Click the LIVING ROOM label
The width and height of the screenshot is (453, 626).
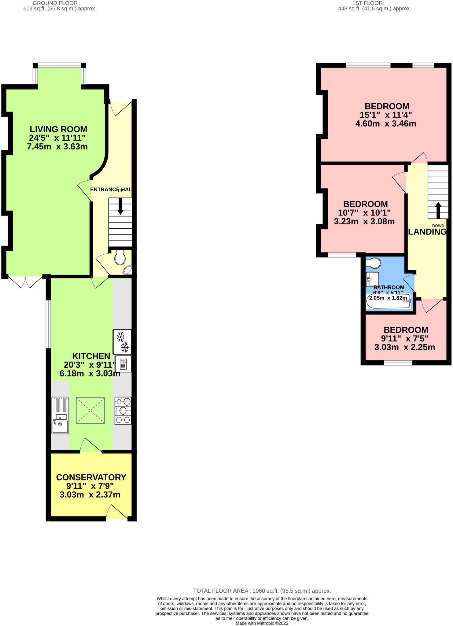pos(58,129)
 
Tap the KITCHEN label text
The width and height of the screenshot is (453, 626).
pos(91,356)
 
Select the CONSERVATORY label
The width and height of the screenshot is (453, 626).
pos(91,477)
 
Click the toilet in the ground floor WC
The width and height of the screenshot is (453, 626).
pos(120,258)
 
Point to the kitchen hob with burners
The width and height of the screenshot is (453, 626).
pos(123,411)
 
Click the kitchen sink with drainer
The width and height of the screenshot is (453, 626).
pos(60,415)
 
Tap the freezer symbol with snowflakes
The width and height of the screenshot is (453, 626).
pos(122,342)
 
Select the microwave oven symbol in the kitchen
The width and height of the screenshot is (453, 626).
pos(123,364)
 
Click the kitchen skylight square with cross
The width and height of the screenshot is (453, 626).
pos(90,411)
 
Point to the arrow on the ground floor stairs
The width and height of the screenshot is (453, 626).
pos(120,206)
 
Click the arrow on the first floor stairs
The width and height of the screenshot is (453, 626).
pos(438,210)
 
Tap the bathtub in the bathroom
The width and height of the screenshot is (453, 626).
pos(388,301)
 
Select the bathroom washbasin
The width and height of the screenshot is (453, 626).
pos(372,279)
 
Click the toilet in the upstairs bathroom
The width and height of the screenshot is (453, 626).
pos(373,263)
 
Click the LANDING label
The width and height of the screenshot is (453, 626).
pos(427,232)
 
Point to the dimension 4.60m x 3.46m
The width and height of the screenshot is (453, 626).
pos(385,124)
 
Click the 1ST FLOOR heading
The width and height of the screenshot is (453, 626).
pos(367,3)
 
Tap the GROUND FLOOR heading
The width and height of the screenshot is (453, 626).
pos(55,3)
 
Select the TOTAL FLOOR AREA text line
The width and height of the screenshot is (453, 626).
pos(262,591)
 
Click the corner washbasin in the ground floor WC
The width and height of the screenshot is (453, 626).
pos(127,270)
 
